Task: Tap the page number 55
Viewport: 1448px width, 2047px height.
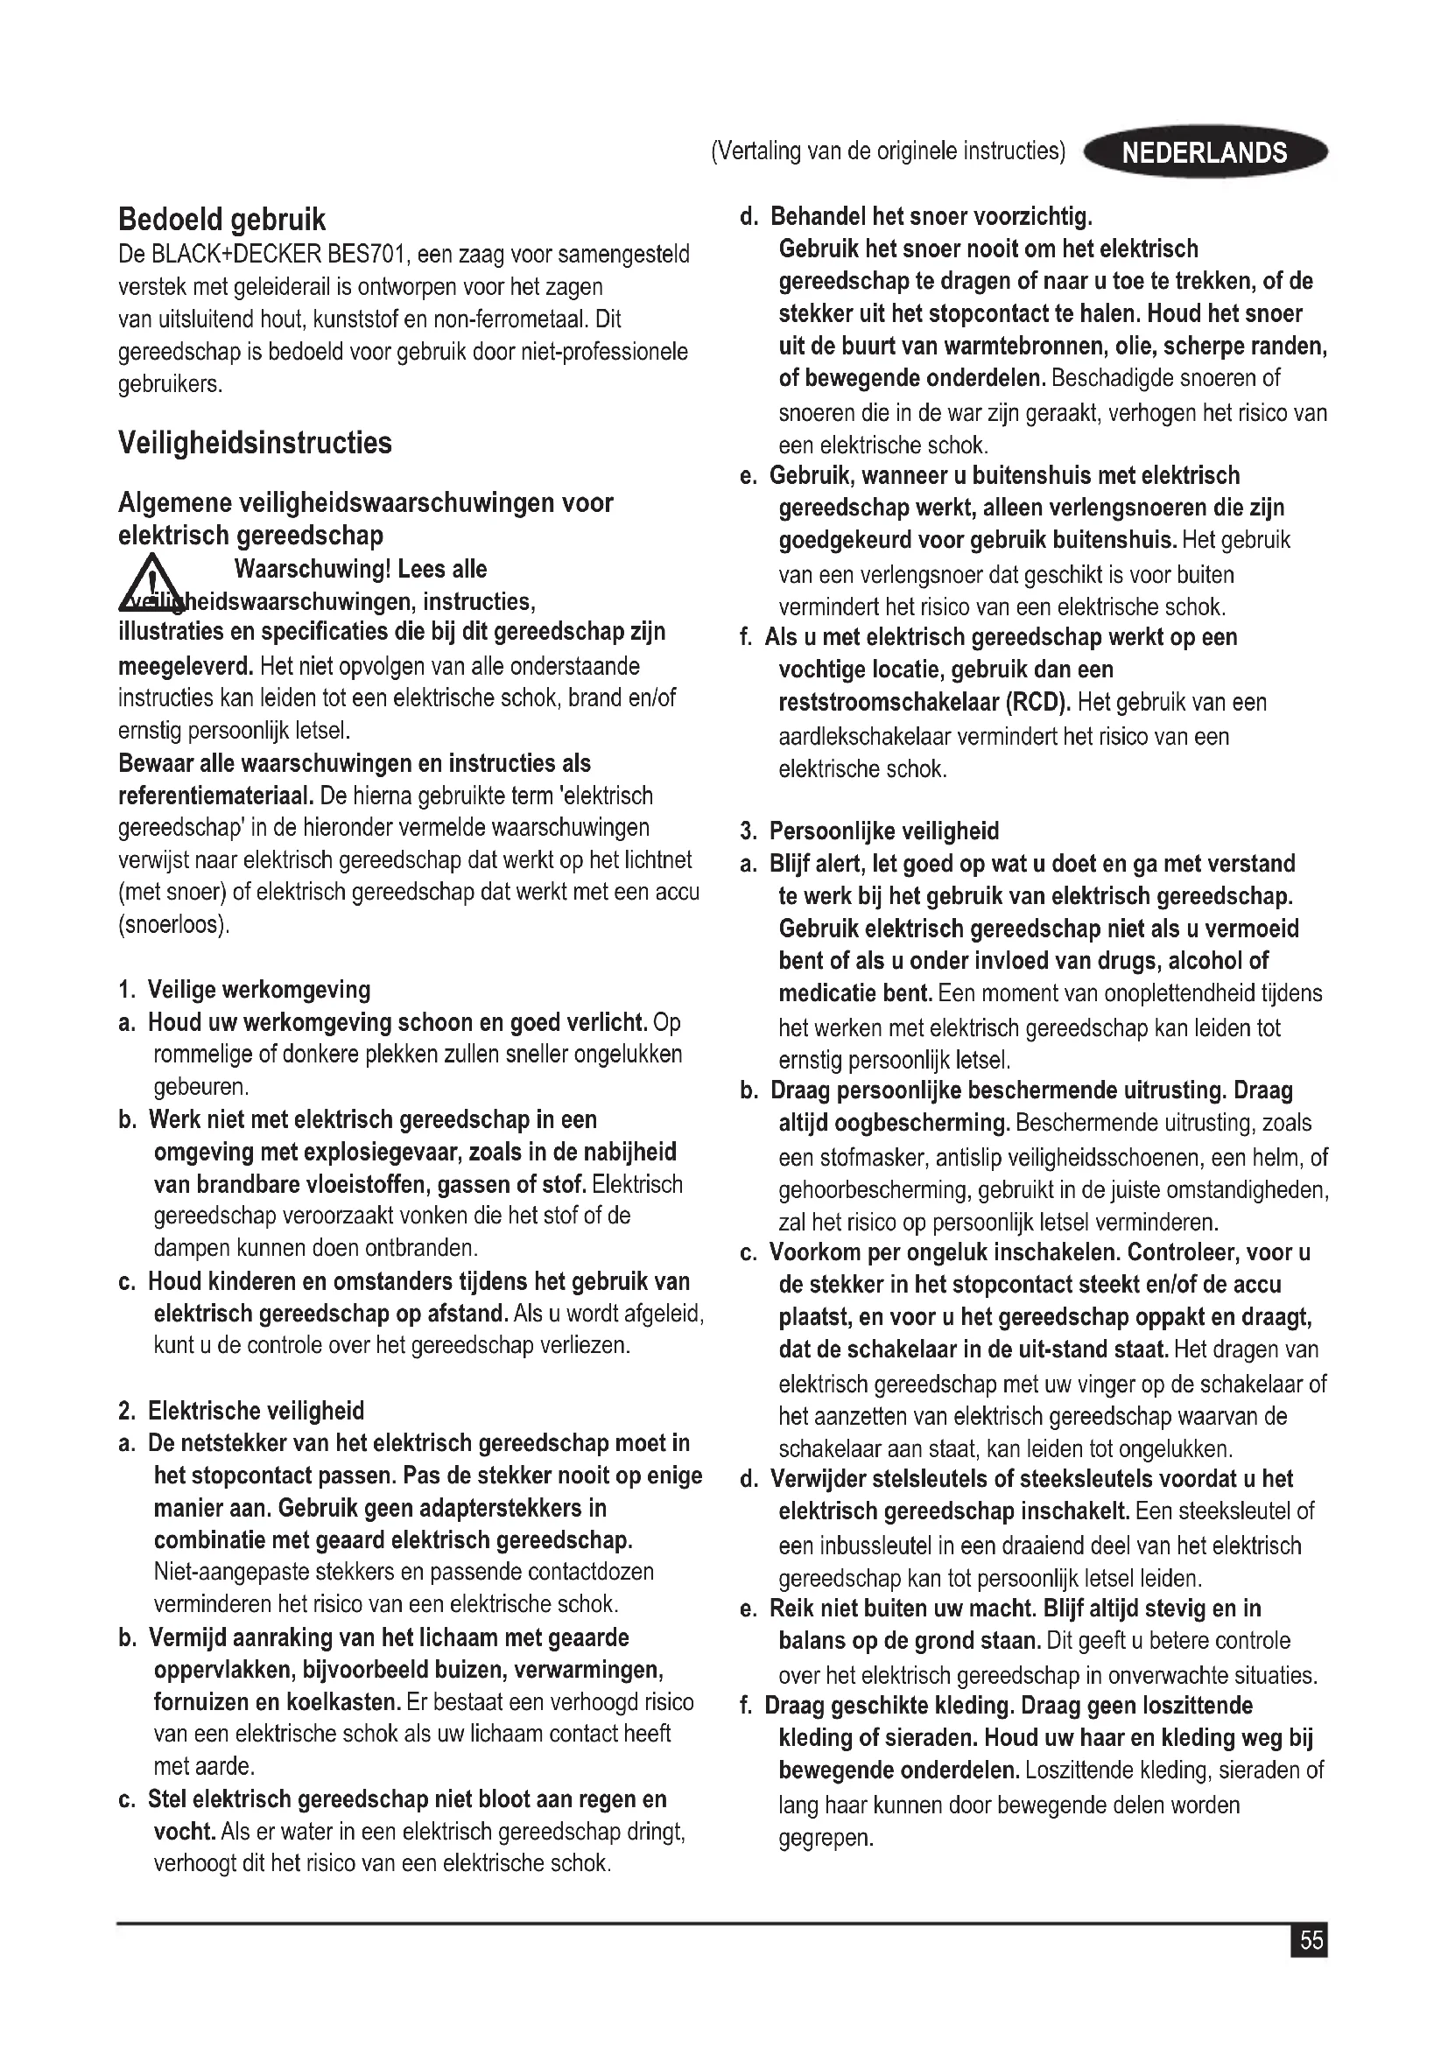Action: (1311, 1941)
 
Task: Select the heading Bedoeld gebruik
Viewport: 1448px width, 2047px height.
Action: (222, 220)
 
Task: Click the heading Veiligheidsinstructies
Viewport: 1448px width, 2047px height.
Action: (254, 443)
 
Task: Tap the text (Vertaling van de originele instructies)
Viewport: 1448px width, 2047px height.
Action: (887, 151)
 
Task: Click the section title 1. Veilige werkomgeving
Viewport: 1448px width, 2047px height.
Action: (244, 990)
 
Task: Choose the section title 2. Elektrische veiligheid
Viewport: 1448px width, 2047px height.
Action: (242, 1411)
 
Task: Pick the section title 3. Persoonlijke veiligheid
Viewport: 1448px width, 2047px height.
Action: (869, 831)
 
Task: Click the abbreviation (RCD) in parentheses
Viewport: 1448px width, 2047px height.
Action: (1038, 703)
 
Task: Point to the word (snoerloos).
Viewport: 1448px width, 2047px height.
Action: (174, 924)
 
